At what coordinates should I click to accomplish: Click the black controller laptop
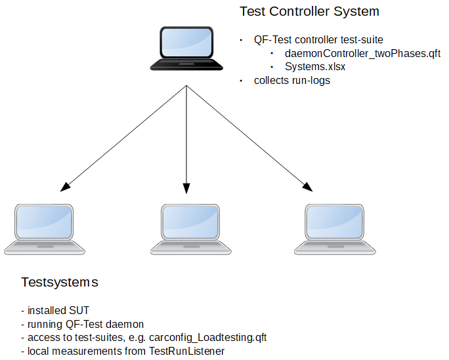[x=186, y=49]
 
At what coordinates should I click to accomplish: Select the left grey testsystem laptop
[x=45, y=230]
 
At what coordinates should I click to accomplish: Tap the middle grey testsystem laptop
[x=191, y=230]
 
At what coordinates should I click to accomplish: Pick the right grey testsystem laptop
[x=335, y=230]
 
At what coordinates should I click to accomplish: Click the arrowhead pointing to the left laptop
[x=65, y=187]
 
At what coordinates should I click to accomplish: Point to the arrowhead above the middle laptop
[x=186, y=188]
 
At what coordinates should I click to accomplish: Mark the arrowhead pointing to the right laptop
[x=308, y=187]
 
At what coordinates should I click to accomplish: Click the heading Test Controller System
[x=309, y=11]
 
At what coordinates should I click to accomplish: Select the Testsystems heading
[x=60, y=282]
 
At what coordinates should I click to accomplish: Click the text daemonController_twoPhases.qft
[x=362, y=54]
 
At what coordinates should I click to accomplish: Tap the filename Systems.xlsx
[x=315, y=67]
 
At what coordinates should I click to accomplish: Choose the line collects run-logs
[x=292, y=81]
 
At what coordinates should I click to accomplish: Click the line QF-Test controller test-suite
[x=318, y=40]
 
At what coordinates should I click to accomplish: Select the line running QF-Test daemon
[x=83, y=324]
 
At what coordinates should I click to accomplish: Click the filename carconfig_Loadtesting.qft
[x=208, y=338]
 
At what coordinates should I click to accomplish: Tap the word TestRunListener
[x=186, y=351]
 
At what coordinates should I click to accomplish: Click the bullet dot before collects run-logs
[x=241, y=81]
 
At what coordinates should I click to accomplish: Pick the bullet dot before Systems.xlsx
[x=272, y=67]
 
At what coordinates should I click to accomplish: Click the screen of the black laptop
[x=186, y=43]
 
